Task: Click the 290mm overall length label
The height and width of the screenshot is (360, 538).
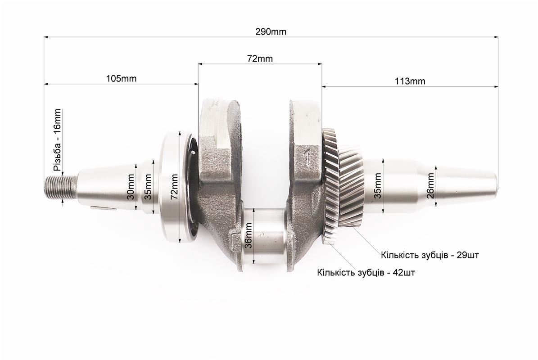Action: pos(271,32)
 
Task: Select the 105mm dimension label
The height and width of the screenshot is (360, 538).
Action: pos(121,78)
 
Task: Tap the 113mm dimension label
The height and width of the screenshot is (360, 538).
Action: pos(410,81)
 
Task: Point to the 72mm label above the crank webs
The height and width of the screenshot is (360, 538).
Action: pos(260,58)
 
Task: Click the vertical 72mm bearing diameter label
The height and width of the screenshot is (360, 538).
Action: pos(174,187)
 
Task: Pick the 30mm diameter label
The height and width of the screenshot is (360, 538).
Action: pos(131,187)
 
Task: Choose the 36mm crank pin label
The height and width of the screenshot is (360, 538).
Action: pos(249,235)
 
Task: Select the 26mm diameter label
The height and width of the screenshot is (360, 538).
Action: pos(430,186)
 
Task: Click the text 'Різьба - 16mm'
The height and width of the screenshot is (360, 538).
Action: pos(57,140)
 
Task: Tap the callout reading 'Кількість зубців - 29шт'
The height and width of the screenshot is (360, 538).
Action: pos(430,256)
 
